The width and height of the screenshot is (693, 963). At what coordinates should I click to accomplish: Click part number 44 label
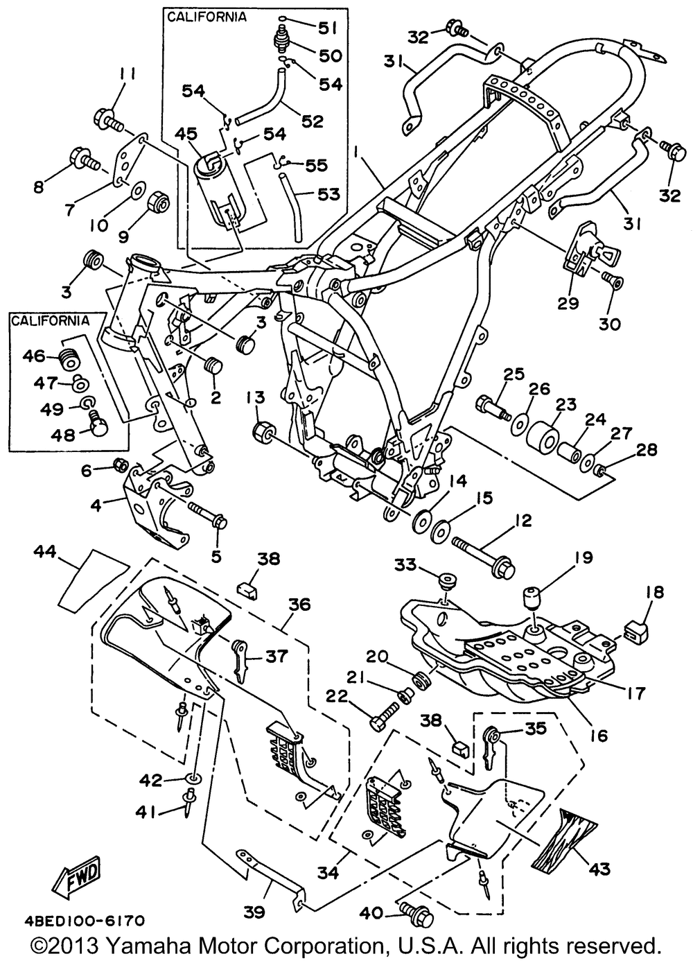45,552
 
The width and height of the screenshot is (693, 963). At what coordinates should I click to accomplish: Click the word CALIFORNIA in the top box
207,17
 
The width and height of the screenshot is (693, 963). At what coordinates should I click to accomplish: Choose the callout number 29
568,303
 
